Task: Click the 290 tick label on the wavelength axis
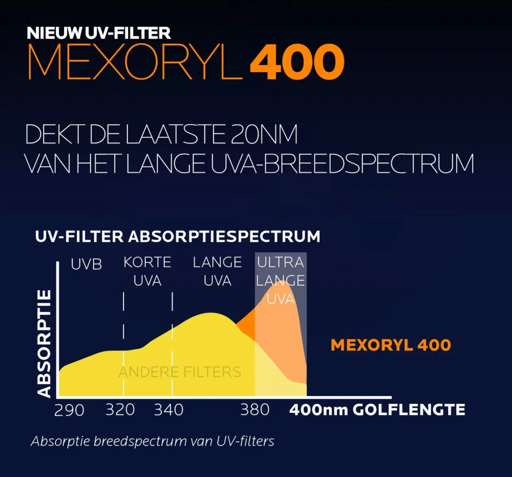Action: coord(69,410)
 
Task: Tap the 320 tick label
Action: coord(120,410)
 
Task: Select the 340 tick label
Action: coord(168,410)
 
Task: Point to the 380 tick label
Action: coord(255,410)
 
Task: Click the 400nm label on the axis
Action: coord(319,410)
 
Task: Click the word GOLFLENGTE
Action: coord(409,410)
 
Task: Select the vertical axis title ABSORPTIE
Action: coord(44,343)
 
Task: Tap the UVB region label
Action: coord(86,264)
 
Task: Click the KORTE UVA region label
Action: coord(147,271)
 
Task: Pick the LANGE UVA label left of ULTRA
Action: coord(217,271)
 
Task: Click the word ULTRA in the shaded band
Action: coord(281,262)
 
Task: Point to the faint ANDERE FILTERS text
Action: coord(180,372)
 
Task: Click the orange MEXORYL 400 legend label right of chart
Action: coord(391,345)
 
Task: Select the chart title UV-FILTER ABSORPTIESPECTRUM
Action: coord(178,237)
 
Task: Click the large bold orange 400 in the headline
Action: coord(297,62)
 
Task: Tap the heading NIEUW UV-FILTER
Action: coord(99,33)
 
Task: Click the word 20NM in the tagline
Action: coord(264,134)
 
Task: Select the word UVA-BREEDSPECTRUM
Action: coord(342,163)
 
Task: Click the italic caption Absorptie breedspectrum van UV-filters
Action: coord(153,441)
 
